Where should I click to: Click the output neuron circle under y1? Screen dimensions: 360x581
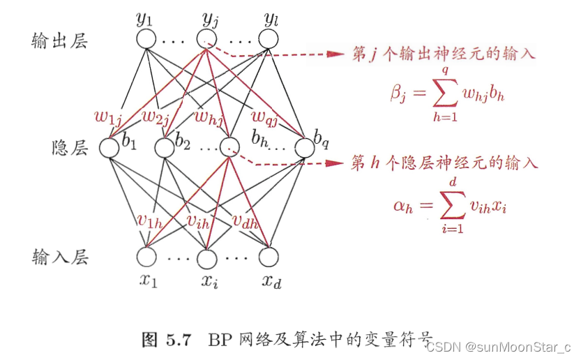[x=146, y=39]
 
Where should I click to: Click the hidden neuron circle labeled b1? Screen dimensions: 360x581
[x=110, y=148]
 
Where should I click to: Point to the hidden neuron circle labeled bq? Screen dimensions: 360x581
[x=305, y=148]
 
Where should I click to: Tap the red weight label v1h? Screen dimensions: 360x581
[x=150, y=221]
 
